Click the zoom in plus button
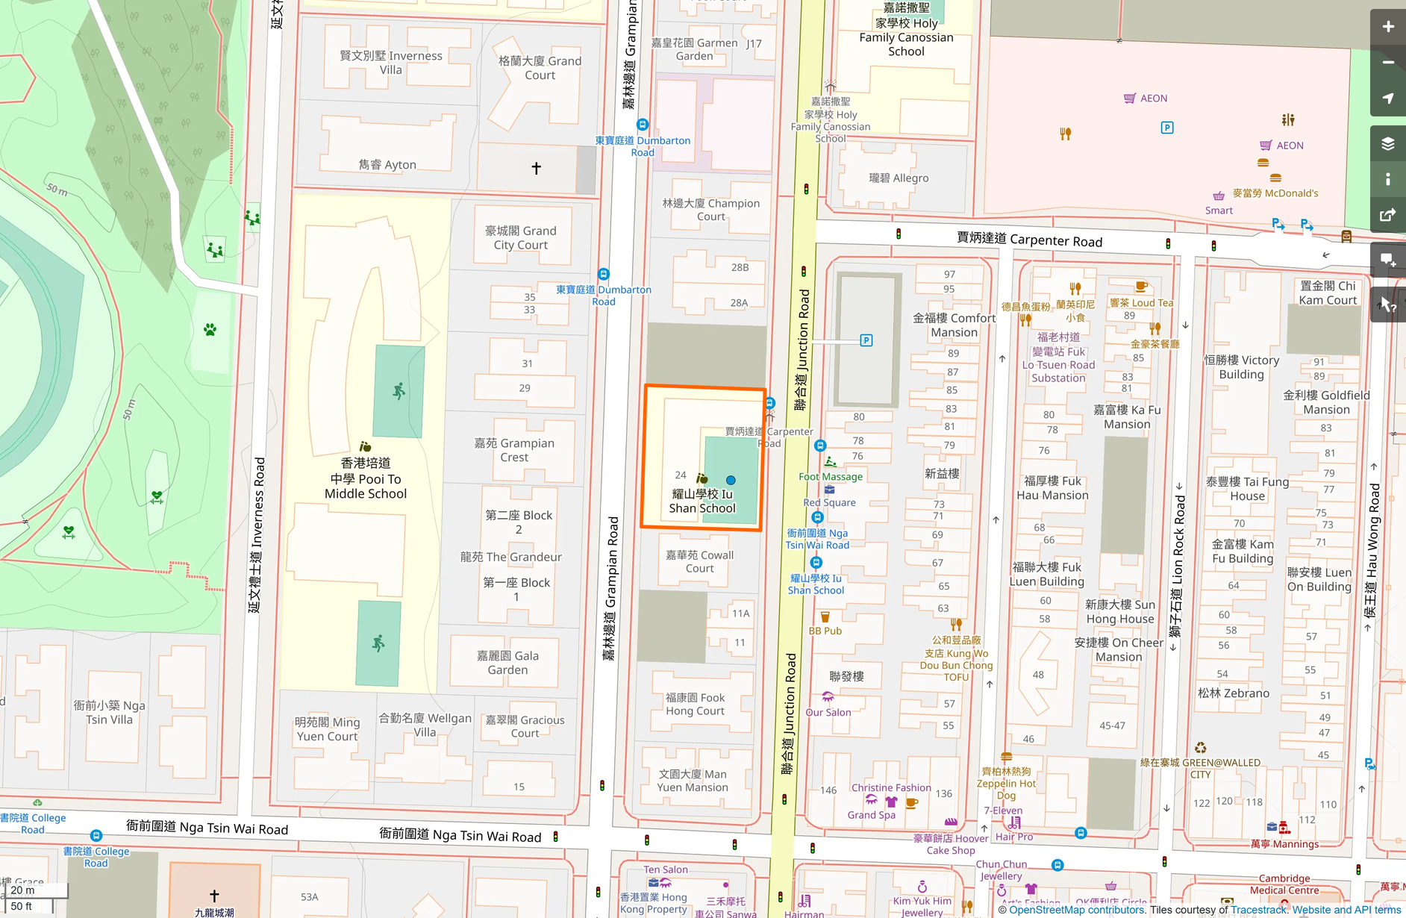[1387, 27]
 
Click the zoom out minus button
[1387, 63]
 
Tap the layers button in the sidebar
[1387, 144]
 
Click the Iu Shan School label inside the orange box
[702, 501]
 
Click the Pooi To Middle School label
[366, 478]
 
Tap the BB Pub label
[825, 631]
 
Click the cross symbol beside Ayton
[536, 168]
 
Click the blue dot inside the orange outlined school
[731, 481]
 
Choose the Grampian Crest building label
[514, 450]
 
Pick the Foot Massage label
[830, 476]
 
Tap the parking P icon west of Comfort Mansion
[866, 340]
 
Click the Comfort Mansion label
[954, 325]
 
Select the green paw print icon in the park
[210, 329]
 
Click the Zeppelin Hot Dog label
[1006, 783]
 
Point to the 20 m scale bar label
[22, 890]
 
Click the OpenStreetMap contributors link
[1077, 910]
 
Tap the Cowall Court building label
[699, 561]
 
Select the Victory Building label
[1241, 367]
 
